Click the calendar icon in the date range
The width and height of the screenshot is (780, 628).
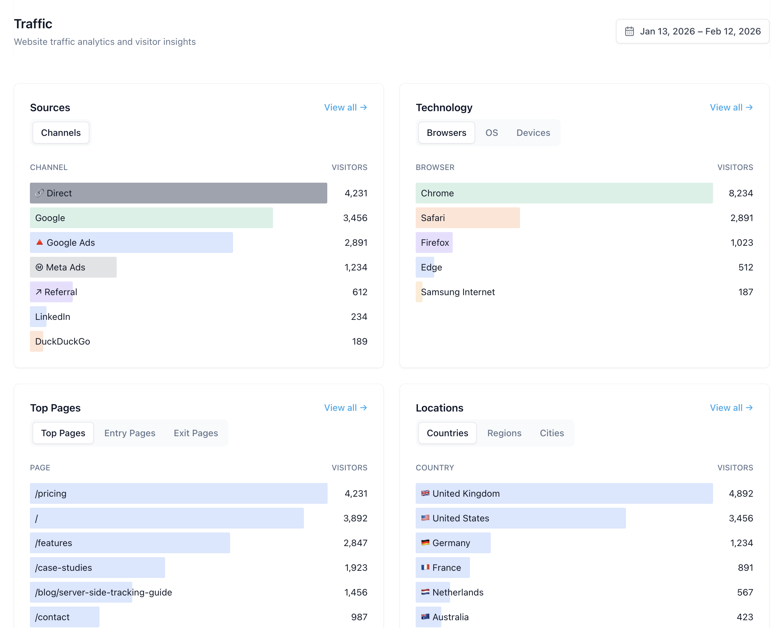629,32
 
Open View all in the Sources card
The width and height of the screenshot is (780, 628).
345,108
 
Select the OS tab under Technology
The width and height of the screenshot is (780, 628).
491,133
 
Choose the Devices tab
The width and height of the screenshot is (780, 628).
533,133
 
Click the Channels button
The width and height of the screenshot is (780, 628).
61,133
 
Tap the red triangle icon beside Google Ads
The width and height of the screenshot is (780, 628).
39,242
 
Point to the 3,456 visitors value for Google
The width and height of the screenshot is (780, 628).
355,218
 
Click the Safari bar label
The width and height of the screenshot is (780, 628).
433,218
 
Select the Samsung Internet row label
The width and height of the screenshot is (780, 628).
458,292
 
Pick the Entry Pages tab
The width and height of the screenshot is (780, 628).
130,433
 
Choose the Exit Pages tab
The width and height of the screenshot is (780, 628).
196,433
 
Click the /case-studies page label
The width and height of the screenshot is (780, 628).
63,568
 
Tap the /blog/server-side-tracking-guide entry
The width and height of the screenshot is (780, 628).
103,592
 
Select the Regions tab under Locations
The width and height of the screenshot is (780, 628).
504,433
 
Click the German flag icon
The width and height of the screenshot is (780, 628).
425,543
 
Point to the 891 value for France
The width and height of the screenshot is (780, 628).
745,568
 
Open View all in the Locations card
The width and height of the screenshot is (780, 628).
731,408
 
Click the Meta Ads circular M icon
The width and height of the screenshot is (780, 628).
39,267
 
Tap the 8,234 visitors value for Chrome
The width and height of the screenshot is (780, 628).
741,193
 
